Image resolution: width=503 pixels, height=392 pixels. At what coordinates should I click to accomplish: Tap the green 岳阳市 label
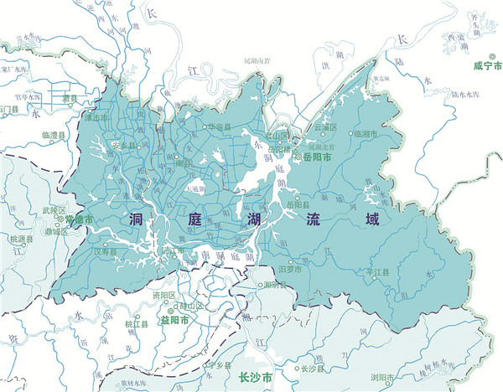pos(319,157)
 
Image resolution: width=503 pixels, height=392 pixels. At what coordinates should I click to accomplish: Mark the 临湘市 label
pos(368,133)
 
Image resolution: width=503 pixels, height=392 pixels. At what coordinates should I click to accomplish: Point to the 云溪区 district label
pos(325,127)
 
